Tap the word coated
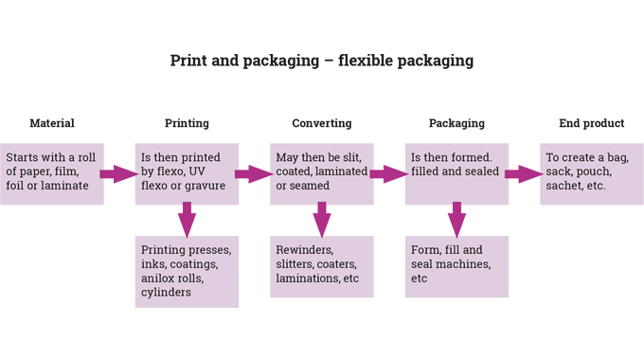[x=296, y=171]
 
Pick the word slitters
[x=299, y=264]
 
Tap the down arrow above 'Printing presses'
[x=187, y=219]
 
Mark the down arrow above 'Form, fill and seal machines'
[x=456, y=219]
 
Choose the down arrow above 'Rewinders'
[x=322, y=219]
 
